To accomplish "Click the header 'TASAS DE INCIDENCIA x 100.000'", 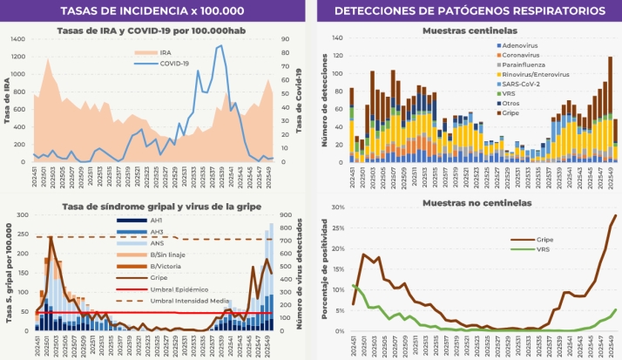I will pyautogui.click(x=153, y=10).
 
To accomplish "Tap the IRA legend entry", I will pyautogui.click(x=165, y=52).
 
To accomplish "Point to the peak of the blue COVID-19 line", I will pyautogui.click(x=220, y=45).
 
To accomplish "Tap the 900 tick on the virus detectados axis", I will pyautogui.click(x=285, y=215).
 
